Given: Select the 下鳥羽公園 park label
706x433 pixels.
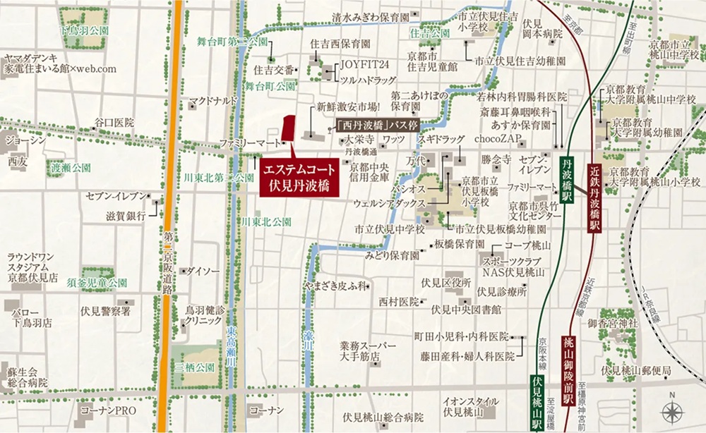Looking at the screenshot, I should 84,32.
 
